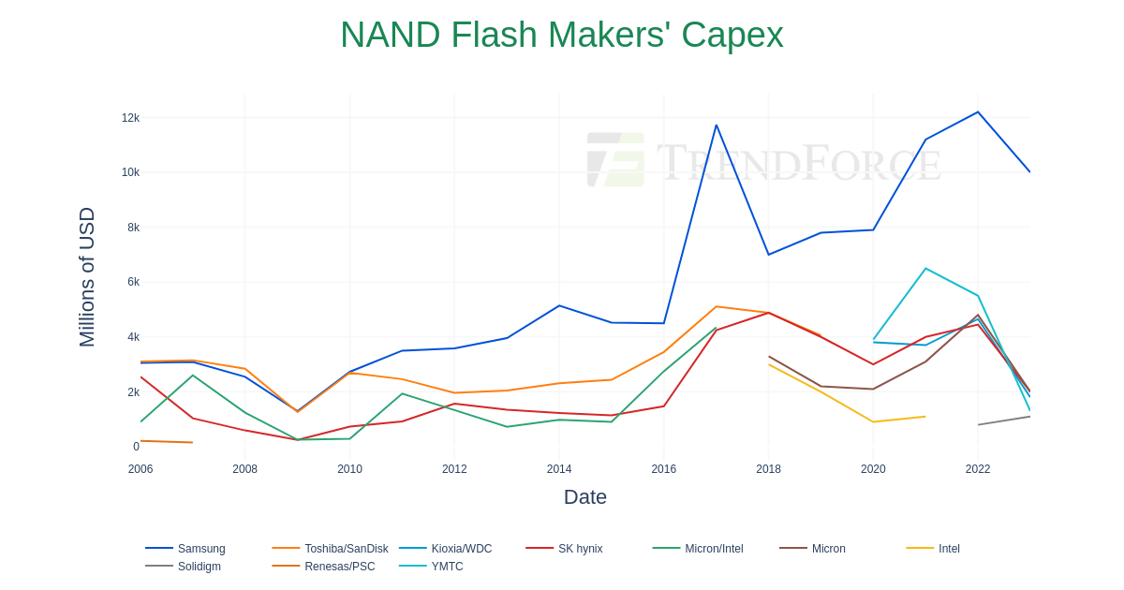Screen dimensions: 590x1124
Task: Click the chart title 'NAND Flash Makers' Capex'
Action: click(x=561, y=36)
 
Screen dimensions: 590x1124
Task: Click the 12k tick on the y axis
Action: click(x=130, y=118)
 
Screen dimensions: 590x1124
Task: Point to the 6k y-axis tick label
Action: click(x=133, y=282)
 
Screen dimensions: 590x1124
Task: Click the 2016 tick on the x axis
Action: click(x=664, y=469)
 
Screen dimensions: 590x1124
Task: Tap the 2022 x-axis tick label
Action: click(x=978, y=469)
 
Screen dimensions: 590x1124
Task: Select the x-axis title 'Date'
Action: click(x=585, y=497)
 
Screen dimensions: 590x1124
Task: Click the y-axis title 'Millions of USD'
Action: click(x=86, y=277)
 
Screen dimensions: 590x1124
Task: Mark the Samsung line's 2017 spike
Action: click(x=717, y=125)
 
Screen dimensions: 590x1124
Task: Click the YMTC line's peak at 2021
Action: click(x=926, y=269)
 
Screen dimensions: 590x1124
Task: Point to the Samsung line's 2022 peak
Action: click(x=978, y=112)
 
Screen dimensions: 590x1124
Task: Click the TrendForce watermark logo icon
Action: click(x=615, y=159)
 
